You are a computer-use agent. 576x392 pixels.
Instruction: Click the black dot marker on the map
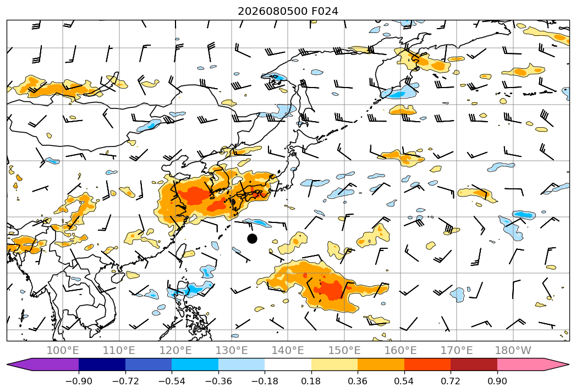click(252, 238)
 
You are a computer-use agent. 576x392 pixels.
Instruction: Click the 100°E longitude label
click(63, 350)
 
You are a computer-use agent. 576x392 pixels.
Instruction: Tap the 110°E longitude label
click(119, 350)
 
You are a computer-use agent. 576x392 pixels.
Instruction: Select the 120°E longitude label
click(175, 350)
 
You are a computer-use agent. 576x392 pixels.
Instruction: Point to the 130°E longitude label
click(232, 350)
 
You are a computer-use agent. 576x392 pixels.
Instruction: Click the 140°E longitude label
click(288, 350)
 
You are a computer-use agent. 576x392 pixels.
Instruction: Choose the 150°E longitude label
click(344, 350)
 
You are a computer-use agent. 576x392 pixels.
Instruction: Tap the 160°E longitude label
click(401, 350)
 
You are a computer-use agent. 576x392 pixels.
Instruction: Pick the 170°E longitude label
click(457, 350)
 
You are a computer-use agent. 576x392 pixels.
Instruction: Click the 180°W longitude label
click(513, 350)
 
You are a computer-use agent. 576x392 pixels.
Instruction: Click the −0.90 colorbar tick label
click(79, 381)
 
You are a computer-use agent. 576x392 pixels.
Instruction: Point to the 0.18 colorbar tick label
click(311, 381)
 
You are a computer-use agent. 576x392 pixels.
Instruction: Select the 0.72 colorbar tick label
click(451, 381)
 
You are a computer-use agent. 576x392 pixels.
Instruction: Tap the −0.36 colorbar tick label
click(218, 381)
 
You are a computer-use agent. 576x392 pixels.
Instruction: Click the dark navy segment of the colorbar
click(102, 364)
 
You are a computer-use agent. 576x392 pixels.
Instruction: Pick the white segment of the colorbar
click(288, 364)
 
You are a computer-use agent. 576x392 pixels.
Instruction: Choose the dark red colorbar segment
click(474, 364)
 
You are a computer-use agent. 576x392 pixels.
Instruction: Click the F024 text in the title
click(325, 12)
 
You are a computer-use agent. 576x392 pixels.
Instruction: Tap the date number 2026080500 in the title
click(272, 12)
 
